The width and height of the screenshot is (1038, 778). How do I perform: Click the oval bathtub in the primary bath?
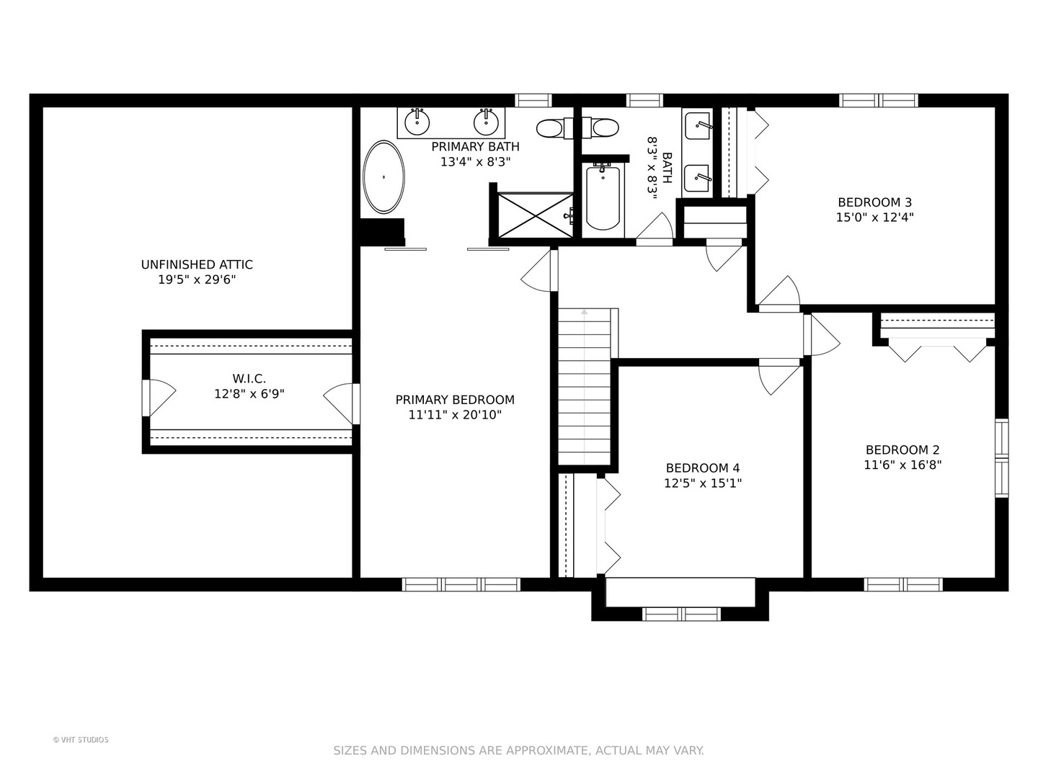point(383,177)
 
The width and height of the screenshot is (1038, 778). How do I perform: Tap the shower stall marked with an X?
point(536,215)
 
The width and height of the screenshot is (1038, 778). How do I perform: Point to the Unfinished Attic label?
point(197,264)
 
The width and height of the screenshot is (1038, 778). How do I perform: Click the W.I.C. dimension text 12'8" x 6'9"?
point(249,393)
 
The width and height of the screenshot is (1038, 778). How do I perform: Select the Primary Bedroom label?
point(455,400)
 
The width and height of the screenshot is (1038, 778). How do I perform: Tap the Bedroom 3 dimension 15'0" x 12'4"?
point(874,218)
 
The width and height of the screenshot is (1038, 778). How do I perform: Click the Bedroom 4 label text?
point(703,468)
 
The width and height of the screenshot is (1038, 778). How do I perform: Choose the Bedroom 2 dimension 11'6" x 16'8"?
point(902,465)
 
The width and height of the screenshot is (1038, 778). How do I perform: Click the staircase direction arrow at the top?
point(585,312)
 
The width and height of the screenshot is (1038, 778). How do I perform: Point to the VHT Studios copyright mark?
point(81,740)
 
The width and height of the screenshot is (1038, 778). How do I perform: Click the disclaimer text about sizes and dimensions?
point(519,751)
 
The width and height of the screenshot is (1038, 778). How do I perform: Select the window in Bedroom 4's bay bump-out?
point(681,614)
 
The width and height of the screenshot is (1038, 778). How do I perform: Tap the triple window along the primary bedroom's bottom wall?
point(461,584)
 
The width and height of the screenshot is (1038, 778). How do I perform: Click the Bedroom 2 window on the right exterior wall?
point(1001,457)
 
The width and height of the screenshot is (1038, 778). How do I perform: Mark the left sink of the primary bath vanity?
point(417,122)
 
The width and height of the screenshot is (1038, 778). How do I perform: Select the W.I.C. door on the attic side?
point(159,398)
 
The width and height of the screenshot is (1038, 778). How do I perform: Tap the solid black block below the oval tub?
point(382,232)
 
